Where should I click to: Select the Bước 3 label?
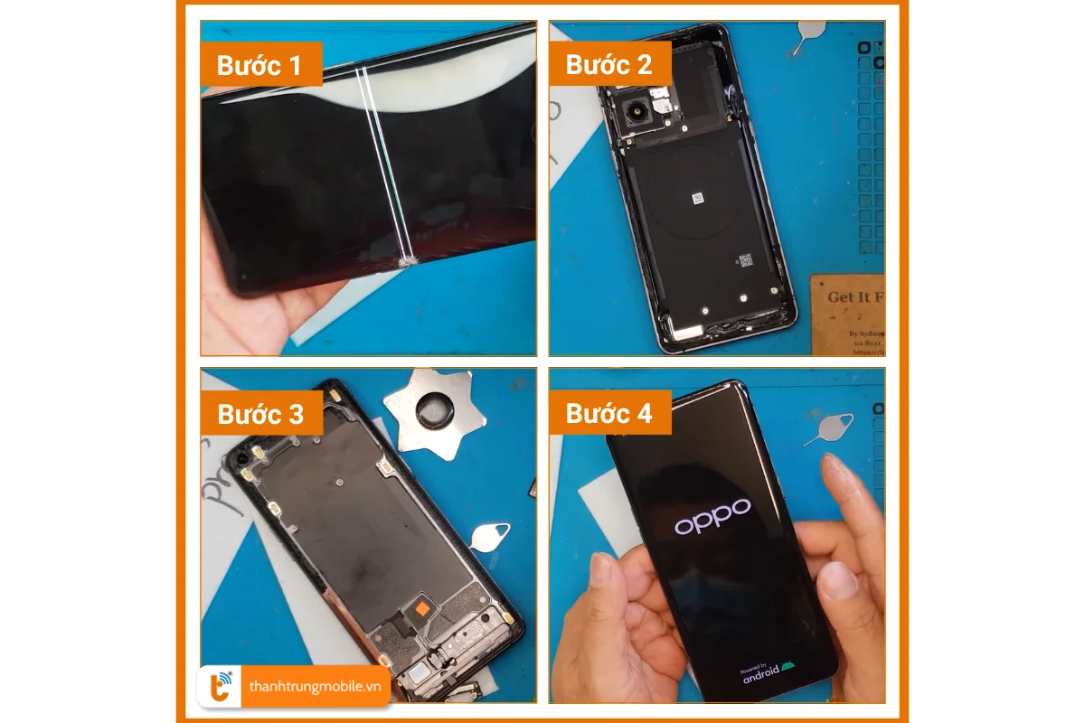259,414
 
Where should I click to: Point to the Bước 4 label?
609,414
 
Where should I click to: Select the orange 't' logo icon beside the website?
221,686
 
